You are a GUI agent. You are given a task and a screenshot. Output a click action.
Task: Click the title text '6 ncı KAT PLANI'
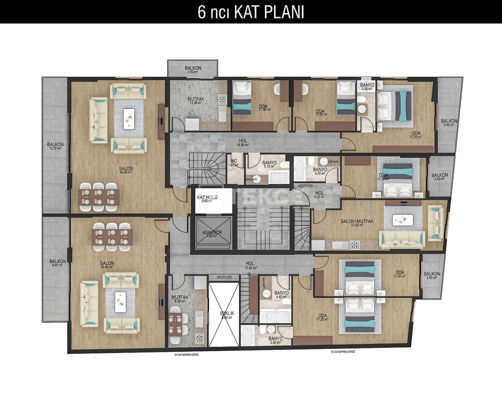[251, 12]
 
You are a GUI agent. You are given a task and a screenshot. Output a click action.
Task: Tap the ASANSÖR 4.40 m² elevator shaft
[212, 234]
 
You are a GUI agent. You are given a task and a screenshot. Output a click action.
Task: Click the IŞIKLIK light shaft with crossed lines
[223, 314]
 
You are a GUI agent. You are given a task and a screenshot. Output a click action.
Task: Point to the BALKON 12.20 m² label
[55, 146]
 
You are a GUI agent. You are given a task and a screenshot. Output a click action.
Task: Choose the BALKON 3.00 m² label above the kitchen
[193, 70]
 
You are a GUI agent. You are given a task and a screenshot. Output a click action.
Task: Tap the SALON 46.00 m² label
[126, 170]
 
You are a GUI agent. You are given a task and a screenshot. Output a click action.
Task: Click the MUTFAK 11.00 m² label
[195, 101]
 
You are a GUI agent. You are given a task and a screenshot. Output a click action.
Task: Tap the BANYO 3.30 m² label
[367, 87]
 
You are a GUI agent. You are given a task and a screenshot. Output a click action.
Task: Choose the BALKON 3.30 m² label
[432, 276]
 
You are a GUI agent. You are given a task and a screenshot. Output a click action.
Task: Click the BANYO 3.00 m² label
[276, 340]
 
